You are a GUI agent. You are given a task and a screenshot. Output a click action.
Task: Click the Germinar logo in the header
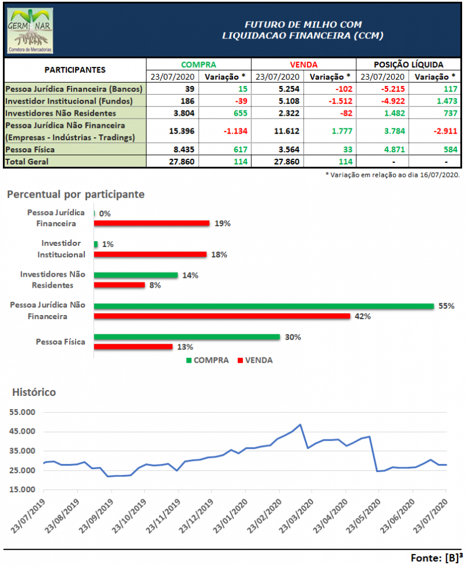[30, 31]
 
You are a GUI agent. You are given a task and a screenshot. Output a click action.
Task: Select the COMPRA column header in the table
[198, 65]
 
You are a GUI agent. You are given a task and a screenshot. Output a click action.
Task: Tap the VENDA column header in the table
[303, 65]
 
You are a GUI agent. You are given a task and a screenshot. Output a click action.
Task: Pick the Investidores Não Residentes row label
[60, 113]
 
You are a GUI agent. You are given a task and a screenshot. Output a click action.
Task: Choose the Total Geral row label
[27, 162]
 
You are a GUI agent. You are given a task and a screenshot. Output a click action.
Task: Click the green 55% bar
[263, 306]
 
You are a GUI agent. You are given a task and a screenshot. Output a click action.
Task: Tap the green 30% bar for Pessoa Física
[187, 337]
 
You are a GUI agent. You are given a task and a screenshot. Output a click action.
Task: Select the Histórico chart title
[34, 392]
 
